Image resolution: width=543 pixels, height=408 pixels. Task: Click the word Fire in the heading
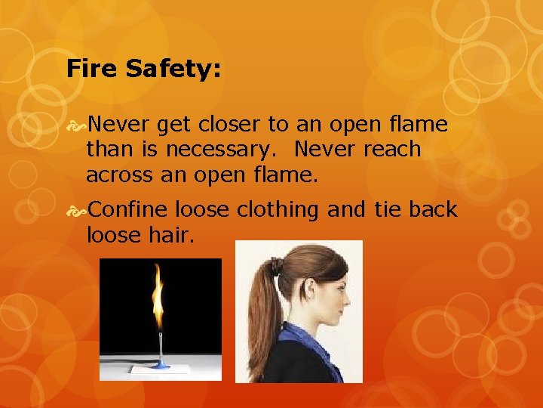90,70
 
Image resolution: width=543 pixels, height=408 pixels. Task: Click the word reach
391,149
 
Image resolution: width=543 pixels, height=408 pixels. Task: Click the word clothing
278,209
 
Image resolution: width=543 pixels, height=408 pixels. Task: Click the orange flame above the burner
158,295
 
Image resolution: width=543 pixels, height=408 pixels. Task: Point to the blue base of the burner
160,365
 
